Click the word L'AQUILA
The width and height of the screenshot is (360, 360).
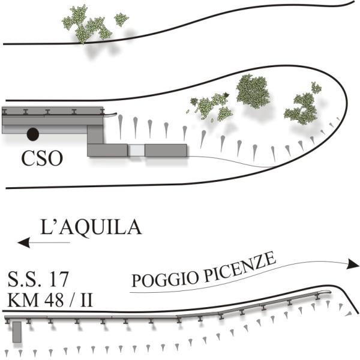(x=91, y=228)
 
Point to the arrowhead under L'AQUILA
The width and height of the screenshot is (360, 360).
(x=23, y=243)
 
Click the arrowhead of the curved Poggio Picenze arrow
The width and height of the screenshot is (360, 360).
(x=353, y=265)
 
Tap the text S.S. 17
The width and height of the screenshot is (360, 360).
(x=40, y=279)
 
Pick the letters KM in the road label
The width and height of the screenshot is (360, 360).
(x=22, y=299)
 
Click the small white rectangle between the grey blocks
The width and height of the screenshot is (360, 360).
(x=136, y=150)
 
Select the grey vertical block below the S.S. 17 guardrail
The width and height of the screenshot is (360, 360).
(x=17, y=332)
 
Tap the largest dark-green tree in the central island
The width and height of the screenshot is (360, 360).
(x=251, y=89)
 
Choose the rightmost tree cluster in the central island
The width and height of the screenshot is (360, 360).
(x=303, y=107)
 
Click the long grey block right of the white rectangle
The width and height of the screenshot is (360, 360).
(x=167, y=150)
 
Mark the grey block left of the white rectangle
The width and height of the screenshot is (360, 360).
(x=107, y=149)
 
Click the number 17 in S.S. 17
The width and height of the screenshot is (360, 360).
(x=58, y=279)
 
